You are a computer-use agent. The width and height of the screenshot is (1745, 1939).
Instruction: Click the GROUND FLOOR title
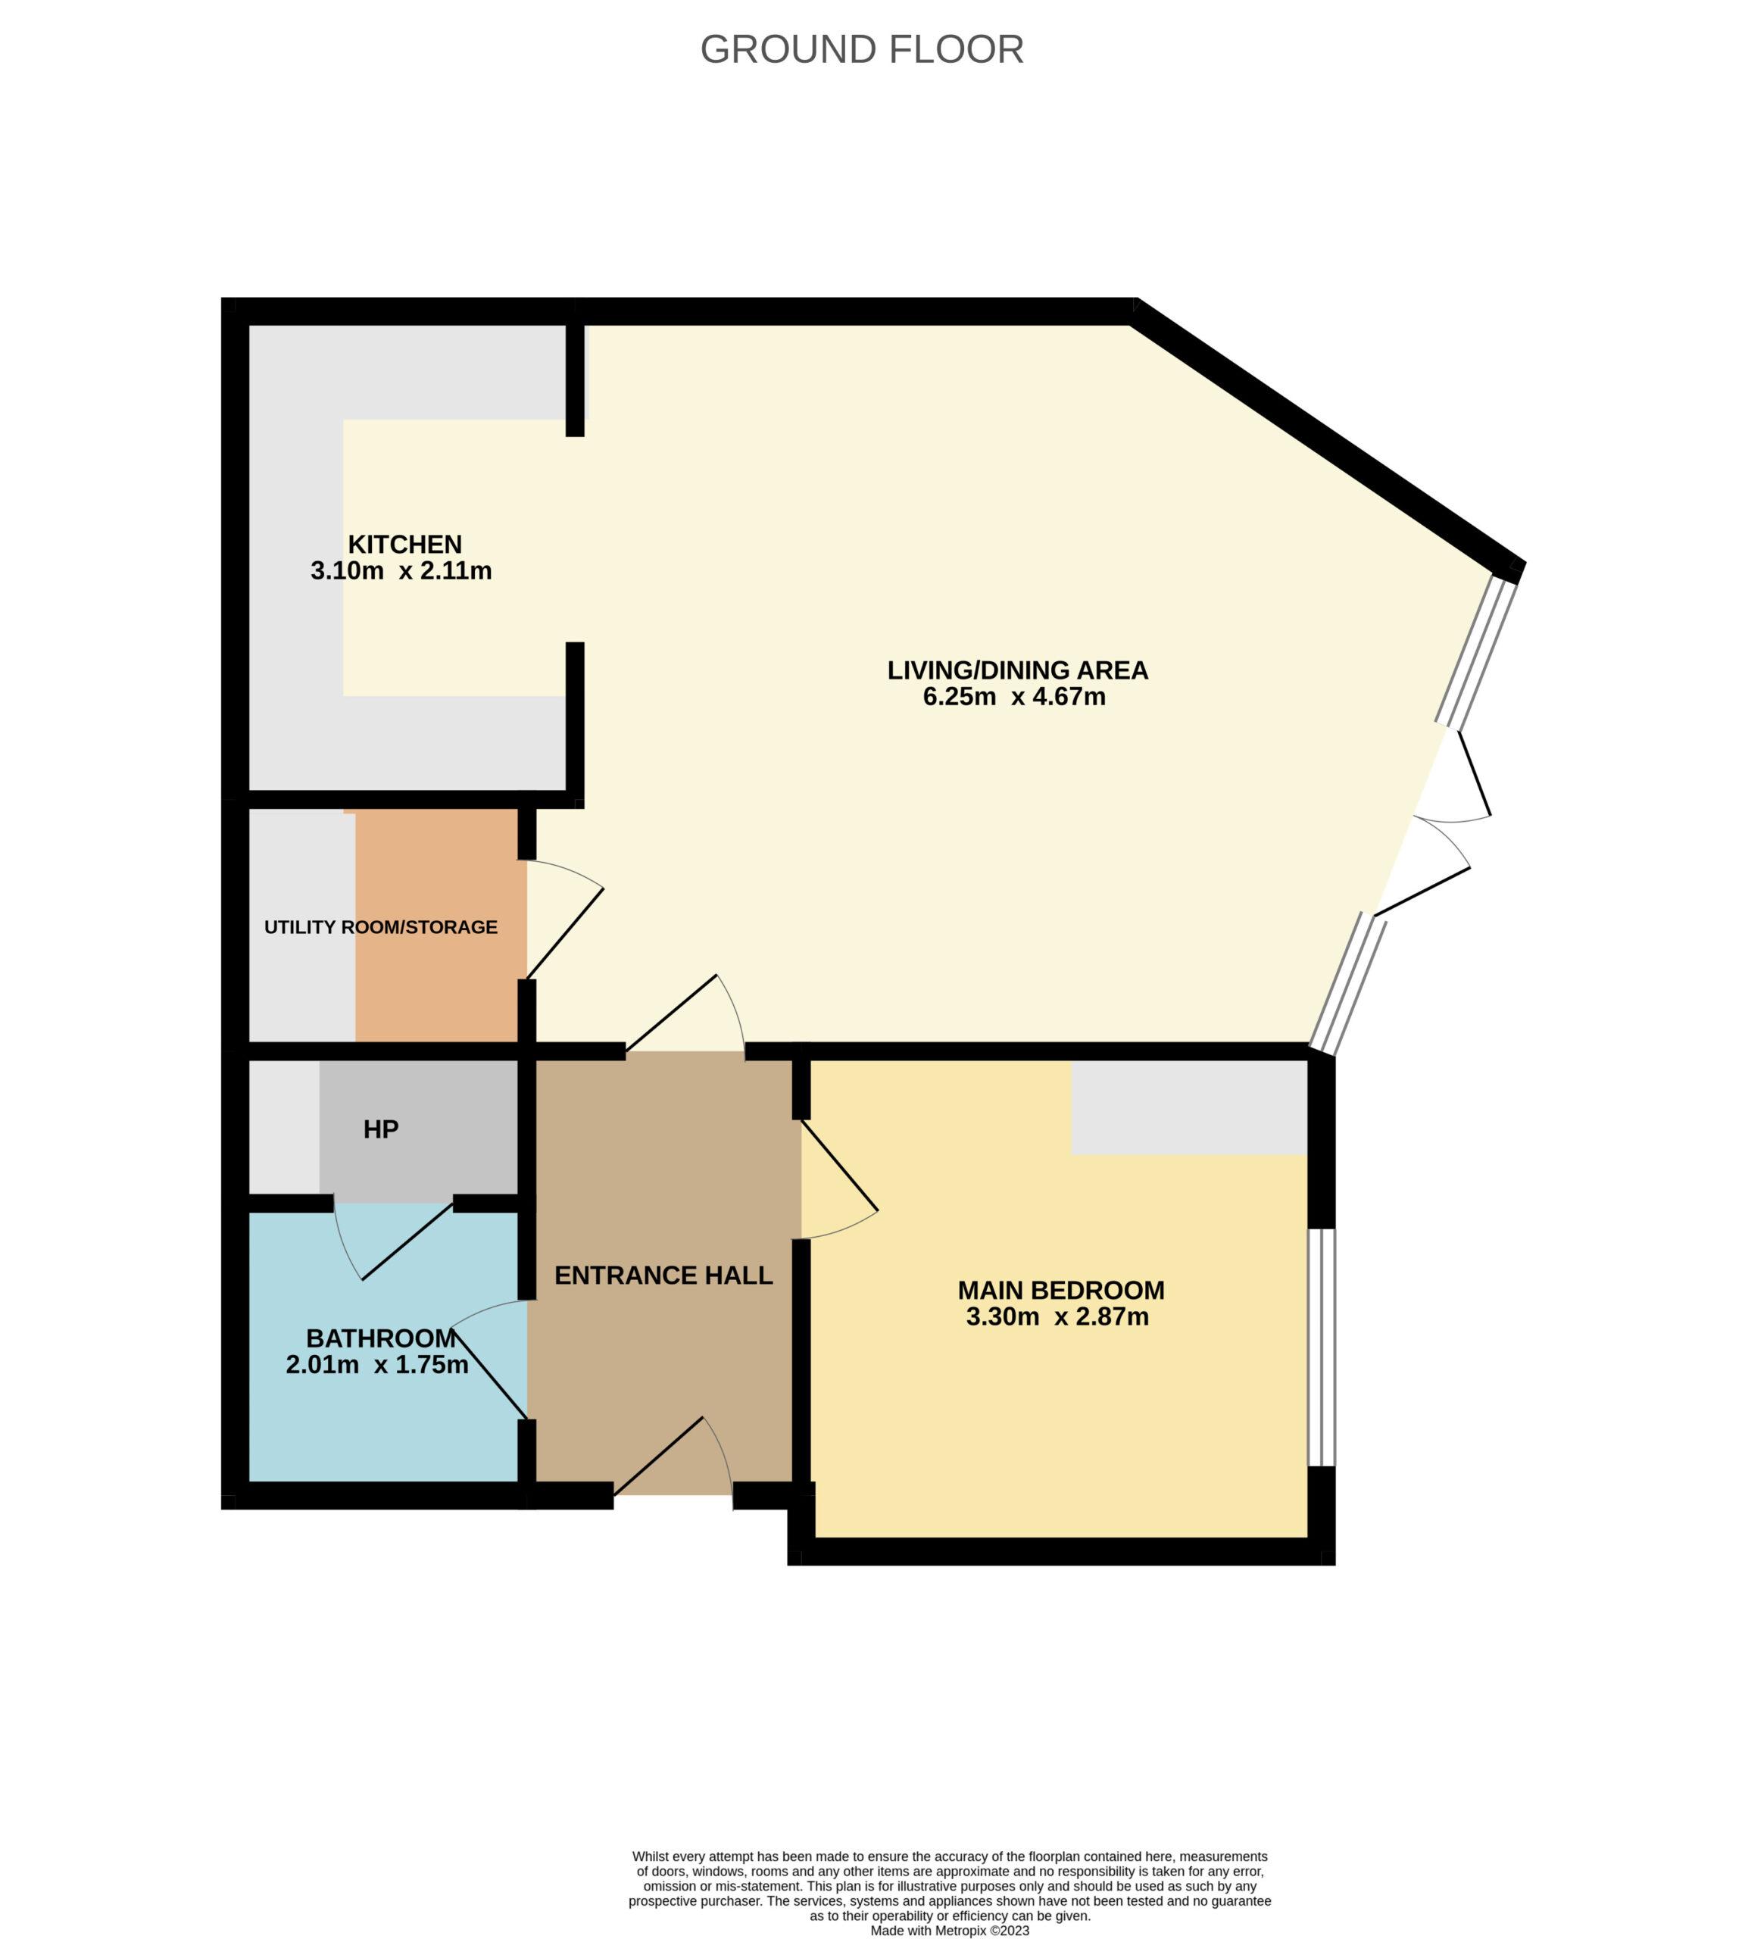coord(862,50)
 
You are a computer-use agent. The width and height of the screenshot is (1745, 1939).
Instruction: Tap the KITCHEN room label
coord(404,545)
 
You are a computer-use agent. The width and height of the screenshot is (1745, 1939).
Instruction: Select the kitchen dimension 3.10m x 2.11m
coord(401,572)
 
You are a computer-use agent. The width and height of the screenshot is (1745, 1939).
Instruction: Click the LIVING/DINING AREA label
coord(1017,670)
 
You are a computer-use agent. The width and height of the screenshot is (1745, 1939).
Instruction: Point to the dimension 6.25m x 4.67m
coord(1014,697)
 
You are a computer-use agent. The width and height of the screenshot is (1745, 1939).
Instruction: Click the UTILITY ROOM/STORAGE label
coord(381,927)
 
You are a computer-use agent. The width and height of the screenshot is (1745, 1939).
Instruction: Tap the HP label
coord(381,1129)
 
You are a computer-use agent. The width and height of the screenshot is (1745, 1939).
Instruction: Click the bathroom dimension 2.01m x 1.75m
coord(377,1365)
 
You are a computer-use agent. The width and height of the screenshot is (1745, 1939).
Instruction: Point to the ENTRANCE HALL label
coord(663,1275)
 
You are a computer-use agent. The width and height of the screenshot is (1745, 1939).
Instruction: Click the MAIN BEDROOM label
coord(1061,1291)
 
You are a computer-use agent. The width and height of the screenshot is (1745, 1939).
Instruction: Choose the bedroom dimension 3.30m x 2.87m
coord(1057,1316)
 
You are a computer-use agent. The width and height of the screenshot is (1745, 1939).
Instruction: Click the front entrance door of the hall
coord(674,1457)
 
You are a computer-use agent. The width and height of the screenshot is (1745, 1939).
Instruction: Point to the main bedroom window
coord(1321,1347)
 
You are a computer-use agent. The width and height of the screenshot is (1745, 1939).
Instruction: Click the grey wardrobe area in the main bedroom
coord(1189,1107)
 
